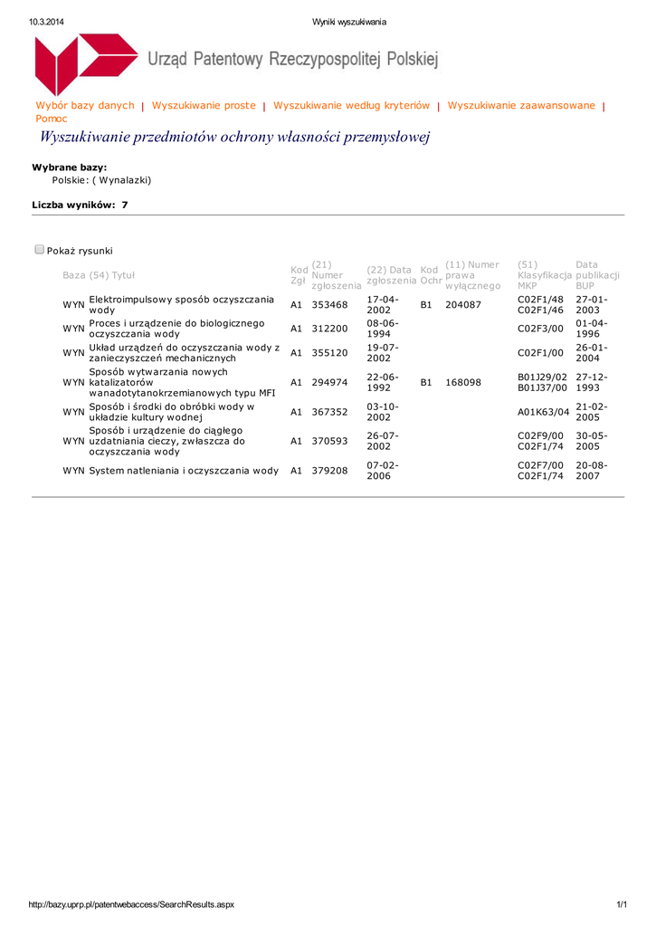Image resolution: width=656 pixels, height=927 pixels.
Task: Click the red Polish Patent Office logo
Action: [85, 63]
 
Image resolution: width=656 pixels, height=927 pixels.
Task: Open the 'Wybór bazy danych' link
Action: [84, 106]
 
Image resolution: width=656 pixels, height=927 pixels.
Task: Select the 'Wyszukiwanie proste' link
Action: [204, 106]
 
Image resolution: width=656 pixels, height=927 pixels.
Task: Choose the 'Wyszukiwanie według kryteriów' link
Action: [351, 106]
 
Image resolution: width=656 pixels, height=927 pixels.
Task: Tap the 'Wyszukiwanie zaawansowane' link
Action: [521, 106]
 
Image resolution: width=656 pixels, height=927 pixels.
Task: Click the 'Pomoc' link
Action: [51, 119]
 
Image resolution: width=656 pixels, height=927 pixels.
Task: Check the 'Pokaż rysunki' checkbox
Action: [40, 250]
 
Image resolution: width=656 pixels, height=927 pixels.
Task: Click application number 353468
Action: [329, 305]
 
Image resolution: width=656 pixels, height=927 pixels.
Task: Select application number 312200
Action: [329, 329]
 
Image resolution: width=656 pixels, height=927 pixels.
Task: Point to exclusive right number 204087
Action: [463, 305]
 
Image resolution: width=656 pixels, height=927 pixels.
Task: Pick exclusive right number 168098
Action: [463, 383]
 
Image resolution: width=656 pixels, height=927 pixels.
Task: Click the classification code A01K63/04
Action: [543, 413]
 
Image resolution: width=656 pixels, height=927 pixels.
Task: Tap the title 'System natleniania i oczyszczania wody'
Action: [184, 471]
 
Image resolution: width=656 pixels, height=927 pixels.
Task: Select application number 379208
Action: [329, 471]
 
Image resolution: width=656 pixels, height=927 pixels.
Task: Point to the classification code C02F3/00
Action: [540, 329]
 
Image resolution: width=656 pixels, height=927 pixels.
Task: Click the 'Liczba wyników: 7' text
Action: [80, 205]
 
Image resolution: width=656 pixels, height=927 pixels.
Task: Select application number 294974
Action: [329, 383]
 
